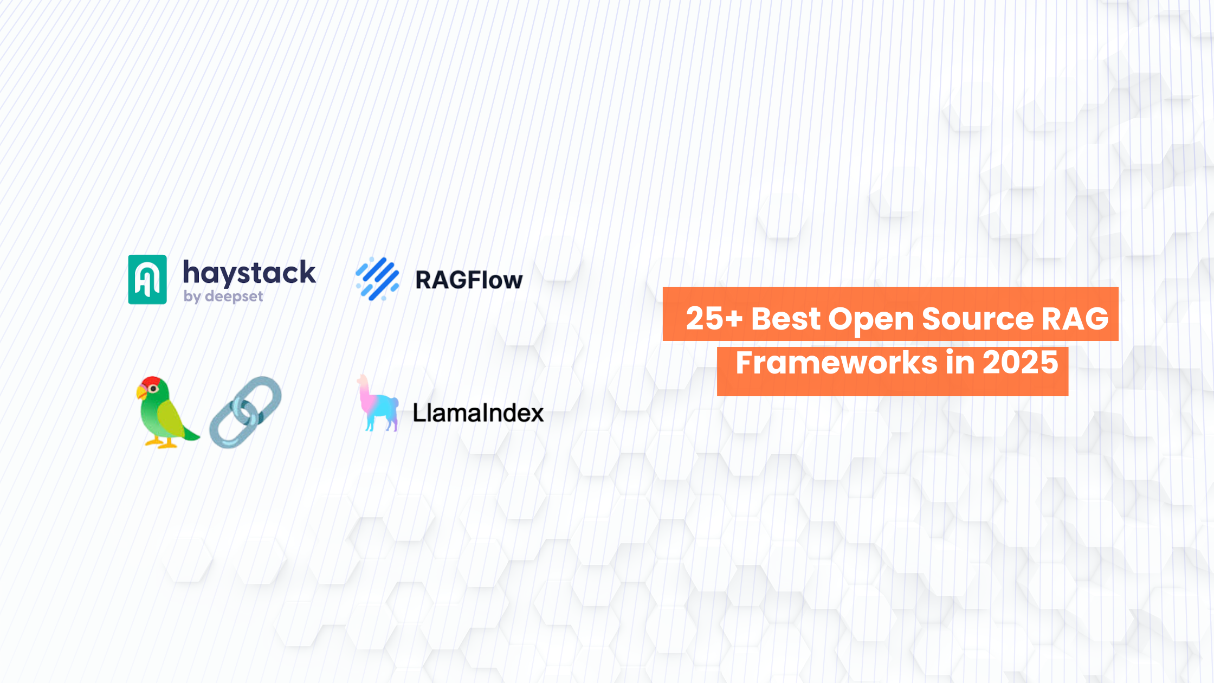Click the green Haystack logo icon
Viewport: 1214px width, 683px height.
147,279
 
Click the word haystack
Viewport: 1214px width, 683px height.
249,272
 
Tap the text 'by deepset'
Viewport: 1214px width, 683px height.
223,297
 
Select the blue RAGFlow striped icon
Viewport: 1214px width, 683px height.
378,279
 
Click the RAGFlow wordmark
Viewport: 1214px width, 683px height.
469,280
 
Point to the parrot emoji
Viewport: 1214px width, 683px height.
165,412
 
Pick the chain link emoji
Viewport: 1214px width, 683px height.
246,412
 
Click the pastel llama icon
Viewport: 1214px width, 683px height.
378,404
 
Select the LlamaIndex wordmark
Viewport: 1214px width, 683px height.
478,413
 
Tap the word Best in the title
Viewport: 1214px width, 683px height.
786,318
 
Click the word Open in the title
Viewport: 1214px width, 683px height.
871,319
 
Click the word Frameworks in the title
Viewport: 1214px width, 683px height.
836,363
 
